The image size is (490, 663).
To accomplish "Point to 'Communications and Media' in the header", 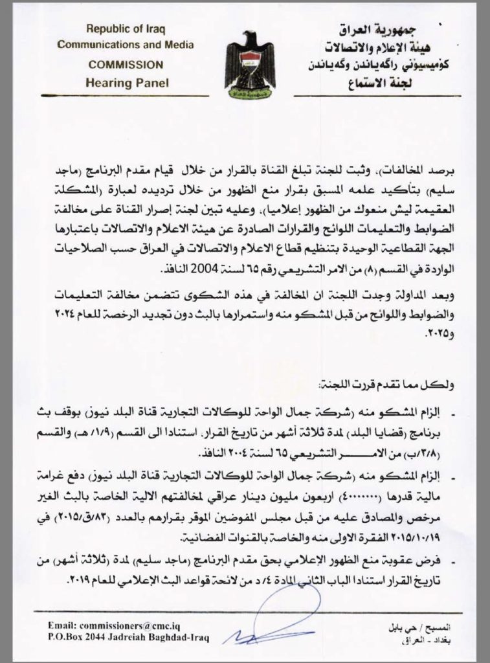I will click(126, 45).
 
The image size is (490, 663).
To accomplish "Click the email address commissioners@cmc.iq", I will click(136, 626).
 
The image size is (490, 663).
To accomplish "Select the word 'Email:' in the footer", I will click(62, 626).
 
